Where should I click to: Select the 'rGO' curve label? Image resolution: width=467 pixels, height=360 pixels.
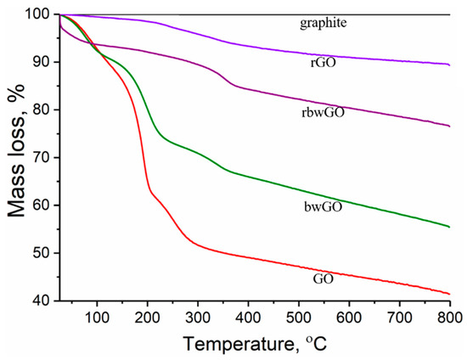tap(324, 61)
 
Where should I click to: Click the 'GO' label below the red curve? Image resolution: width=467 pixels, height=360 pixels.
tap(324, 277)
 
